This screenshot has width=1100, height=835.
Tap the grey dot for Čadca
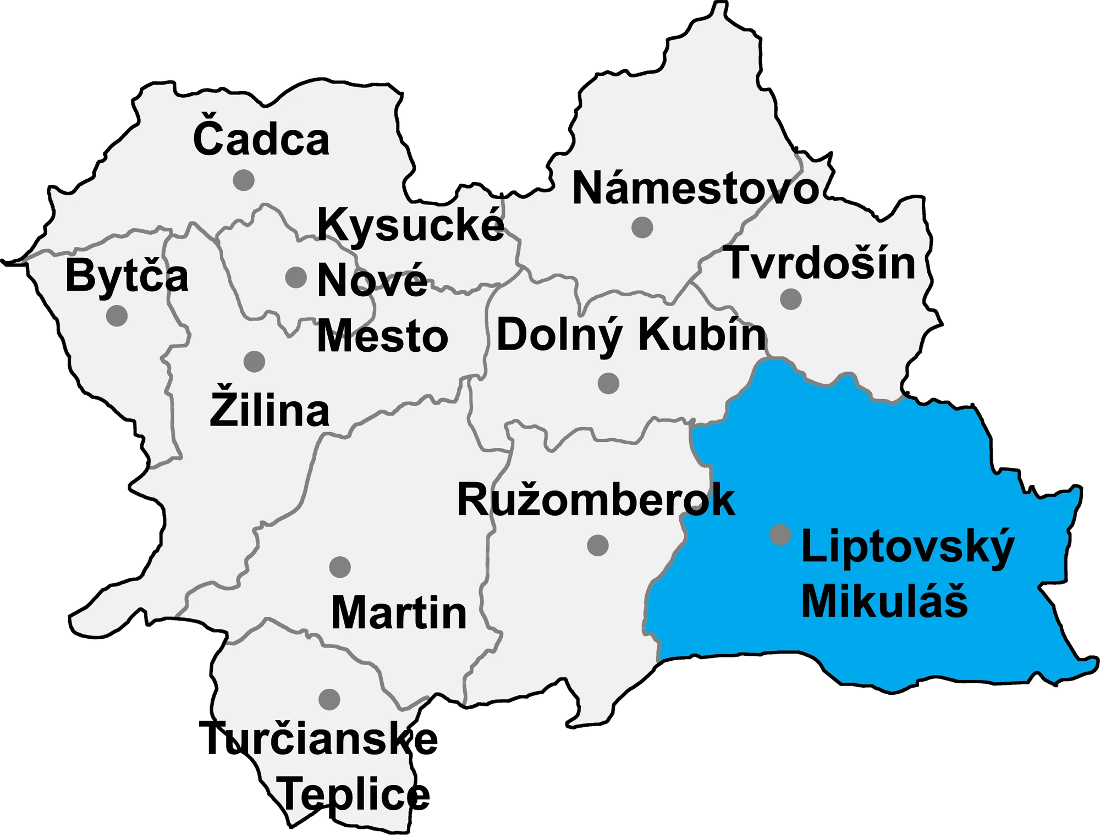point(244,180)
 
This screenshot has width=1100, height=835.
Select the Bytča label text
point(127,276)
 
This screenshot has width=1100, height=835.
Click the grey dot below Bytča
point(117,316)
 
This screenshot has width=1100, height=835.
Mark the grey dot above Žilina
point(254,362)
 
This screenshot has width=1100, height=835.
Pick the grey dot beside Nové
point(296,277)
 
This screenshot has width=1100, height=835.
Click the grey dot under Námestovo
point(642,227)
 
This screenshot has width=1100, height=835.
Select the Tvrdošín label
point(821,264)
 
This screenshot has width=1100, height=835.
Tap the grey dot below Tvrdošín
point(791,299)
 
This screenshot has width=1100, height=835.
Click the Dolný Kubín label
point(631,335)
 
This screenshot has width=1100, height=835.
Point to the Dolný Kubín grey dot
point(608,383)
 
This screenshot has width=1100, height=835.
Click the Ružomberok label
point(596,500)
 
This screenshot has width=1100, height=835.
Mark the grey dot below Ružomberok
point(598,545)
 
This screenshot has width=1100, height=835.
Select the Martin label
point(399,612)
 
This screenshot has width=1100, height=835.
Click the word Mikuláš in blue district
point(884,601)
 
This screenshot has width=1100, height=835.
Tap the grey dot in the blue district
point(780,534)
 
